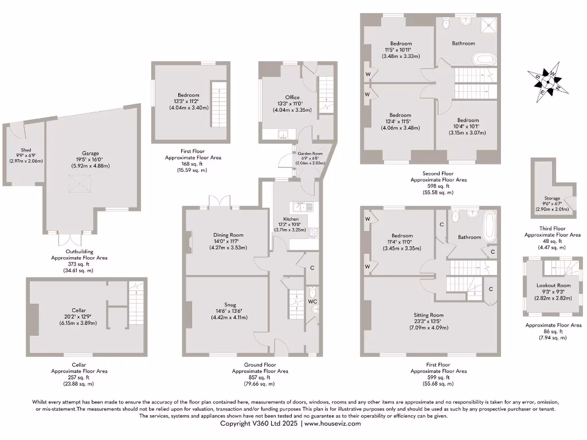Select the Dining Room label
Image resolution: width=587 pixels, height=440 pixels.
pos(229,235)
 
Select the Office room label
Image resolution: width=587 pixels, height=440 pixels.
pos(292,97)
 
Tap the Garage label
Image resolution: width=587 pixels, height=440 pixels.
pos(91,153)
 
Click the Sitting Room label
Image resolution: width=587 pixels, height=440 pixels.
pos(429,315)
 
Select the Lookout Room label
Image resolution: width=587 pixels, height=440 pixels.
pos(553,285)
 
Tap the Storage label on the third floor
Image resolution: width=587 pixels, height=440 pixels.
pos(552,198)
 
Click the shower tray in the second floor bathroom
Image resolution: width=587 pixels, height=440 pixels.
pos(488,25)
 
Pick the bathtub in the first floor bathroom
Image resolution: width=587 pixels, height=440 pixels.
pos(490,226)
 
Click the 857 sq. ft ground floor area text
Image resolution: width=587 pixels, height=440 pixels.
pos(260,378)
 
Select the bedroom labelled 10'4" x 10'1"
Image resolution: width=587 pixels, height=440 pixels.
pos(467,121)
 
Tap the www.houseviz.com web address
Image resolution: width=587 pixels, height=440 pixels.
pos(332,424)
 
